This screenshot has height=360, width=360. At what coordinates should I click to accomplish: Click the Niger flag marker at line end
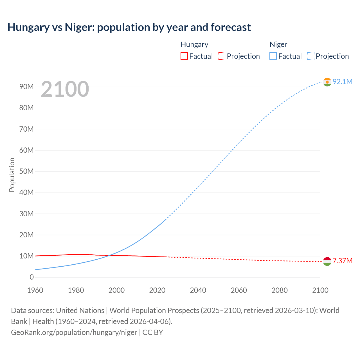click(327, 82)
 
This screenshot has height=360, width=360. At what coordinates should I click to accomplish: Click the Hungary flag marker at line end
click(327, 261)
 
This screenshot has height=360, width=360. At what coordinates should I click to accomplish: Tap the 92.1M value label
click(342, 82)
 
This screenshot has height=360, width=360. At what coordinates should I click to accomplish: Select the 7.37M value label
click(342, 261)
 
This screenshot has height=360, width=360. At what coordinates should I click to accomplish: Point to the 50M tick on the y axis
click(26, 171)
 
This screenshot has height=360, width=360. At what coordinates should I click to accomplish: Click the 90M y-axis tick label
click(26, 87)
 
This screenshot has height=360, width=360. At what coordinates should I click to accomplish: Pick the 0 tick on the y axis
click(31, 277)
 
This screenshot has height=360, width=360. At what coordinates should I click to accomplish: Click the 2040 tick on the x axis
click(198, 290)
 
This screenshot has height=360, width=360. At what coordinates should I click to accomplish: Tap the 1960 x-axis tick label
click(35, 290)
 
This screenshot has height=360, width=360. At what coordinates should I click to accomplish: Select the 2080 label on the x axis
click(280, 290)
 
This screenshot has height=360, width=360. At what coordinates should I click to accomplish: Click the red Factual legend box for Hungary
click(184, 56)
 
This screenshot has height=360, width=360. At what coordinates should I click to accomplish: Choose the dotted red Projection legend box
click(222, 56)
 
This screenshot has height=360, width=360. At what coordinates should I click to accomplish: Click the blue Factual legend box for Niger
click(273, 56)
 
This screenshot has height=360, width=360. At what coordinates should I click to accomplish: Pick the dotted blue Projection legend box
click(310, 56)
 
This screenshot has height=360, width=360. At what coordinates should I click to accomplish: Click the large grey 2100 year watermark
click(65, 89)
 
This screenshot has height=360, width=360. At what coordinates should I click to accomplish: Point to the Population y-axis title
click(12, 175)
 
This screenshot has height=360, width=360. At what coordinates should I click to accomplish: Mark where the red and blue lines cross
click(111, 255)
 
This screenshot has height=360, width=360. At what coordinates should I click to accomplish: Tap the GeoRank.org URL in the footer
click(74, 332)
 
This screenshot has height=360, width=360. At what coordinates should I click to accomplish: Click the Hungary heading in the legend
click(194, 44)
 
